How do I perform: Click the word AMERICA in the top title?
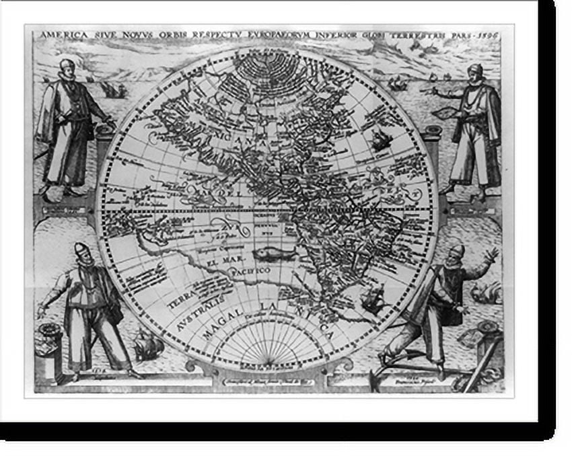click(x=61, y=34)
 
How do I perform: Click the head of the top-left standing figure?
click(x=65, y=68)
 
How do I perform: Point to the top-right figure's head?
click(x=476, y=72)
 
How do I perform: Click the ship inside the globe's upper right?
click(x=381, y=140)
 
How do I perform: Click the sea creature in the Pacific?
click(x=273, y=254)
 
